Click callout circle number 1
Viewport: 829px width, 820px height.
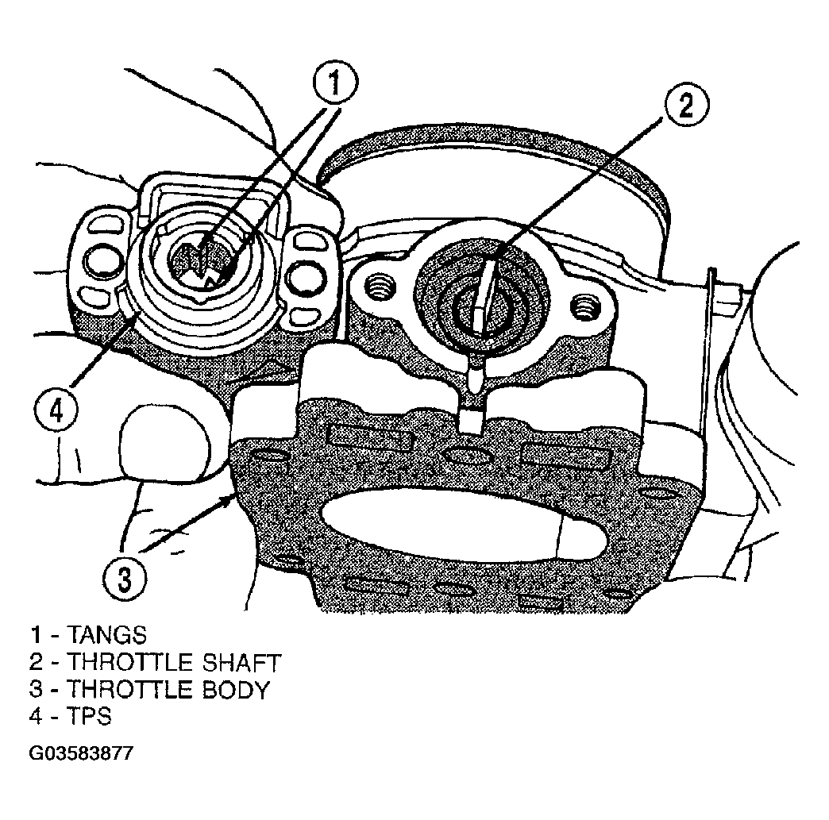coord(335,83)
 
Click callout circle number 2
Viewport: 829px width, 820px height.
coord(686,105)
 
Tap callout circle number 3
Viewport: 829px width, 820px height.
coord(124,579)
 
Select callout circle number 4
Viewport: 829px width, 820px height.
coord(57,410)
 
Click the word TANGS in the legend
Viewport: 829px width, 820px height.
coord(106,635)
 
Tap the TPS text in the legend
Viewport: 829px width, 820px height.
coord(90,716)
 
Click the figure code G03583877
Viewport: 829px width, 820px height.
coord(82,753)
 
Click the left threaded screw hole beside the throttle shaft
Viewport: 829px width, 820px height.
coord(379,287)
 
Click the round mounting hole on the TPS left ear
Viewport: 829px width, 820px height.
coord(100,260)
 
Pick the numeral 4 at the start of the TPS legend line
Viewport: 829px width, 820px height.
coord(36,716)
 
